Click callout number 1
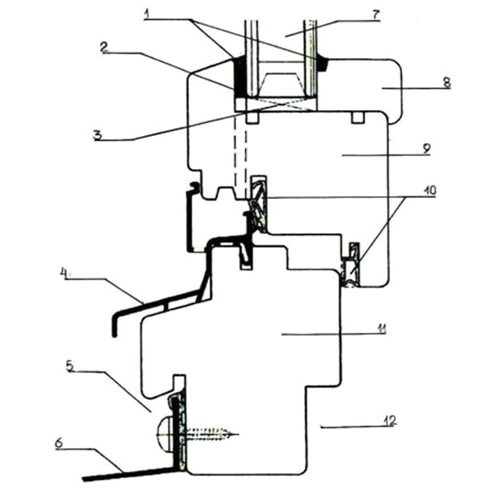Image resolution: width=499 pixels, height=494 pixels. [147, 14]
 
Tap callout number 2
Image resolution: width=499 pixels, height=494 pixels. [104, 48]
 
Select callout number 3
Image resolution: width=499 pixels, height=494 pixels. [98, 135]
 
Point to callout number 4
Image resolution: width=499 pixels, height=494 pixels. [64, 273]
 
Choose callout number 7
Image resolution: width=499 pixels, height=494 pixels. [376, 15]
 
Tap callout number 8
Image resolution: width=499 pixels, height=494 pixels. [447, 82]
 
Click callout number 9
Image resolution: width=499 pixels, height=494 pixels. [427, 148]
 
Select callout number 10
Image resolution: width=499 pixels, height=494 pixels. [429, 191]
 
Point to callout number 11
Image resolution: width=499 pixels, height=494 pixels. [382, 328]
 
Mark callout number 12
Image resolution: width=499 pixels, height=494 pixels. [390, 420]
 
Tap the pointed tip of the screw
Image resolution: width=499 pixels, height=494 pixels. [238, 433]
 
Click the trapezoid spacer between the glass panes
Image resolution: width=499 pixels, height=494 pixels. [281, 85]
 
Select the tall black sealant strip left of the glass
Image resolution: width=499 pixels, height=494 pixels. [239, 76]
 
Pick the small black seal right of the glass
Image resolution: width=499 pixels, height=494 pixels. [323, 64]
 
